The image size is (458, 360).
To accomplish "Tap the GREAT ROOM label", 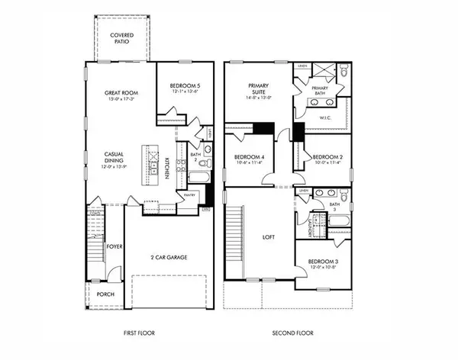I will coord(120,93).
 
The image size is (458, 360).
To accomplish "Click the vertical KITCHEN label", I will coord(166,168).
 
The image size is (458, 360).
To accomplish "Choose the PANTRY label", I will coord(189,194).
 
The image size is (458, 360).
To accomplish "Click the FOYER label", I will coord(114,246).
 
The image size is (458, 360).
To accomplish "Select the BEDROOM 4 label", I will coord(248,156).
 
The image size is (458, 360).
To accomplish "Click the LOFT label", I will coord(268,237).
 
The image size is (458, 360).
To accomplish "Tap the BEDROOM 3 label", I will coord(324,262).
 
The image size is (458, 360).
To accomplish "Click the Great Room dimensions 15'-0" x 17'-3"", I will coord(120,99).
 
